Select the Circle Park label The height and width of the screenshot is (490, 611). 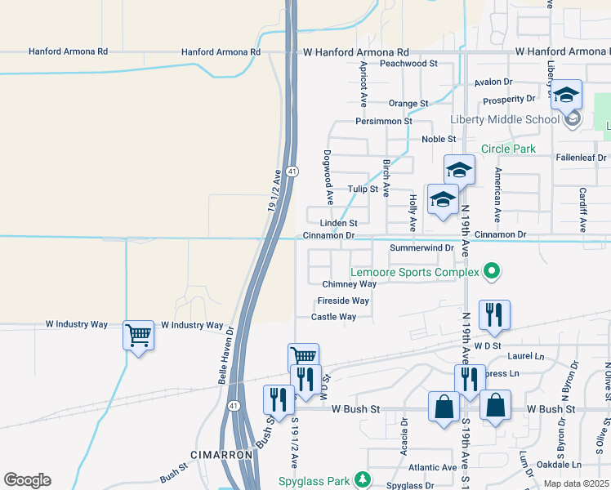point(507,149)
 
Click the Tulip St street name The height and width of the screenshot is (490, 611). point(363,189)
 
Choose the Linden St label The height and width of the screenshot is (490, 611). point(338,223)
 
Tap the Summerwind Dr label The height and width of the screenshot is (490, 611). point(421,247)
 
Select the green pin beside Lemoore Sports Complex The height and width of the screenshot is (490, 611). point(491,270)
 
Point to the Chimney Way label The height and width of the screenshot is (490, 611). point(349,284)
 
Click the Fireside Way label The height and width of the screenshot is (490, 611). point(343,301)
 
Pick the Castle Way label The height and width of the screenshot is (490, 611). point(333,317)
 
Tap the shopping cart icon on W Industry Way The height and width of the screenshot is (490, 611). point(138,334)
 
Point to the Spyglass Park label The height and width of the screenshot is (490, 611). point(314,480)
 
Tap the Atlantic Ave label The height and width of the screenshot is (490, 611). point(433,468)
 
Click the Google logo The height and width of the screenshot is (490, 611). point(27,480)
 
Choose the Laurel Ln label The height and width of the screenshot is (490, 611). point(525,356)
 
